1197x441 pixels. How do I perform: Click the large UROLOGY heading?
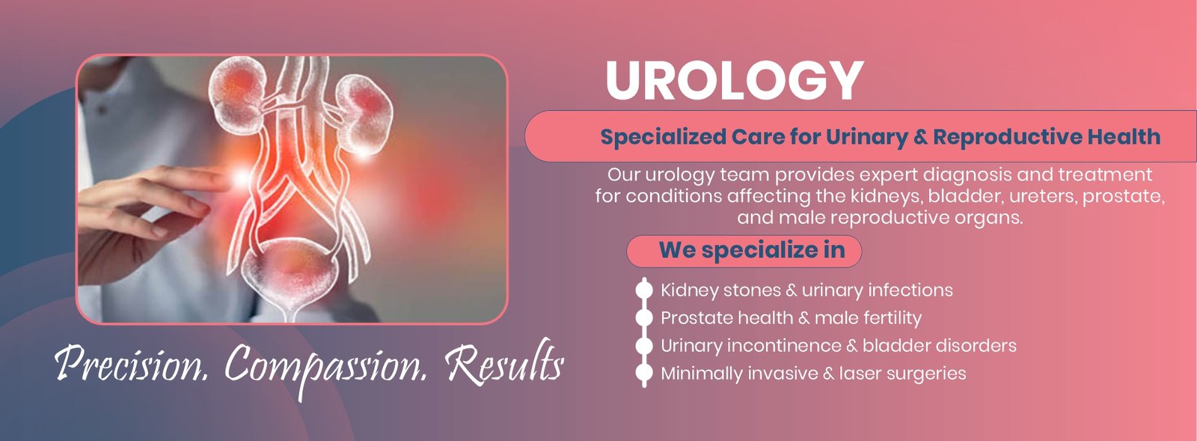pos(734,81)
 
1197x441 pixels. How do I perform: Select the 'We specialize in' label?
pos(752,250)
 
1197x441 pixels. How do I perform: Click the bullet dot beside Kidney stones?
pos(644,290)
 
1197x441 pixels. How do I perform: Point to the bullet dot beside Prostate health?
pos(644,317)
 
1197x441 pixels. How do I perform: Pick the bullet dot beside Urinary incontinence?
pos(644,345)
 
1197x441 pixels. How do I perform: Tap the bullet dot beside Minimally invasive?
pos(644,373)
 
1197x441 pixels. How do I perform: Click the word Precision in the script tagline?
pos(131,363)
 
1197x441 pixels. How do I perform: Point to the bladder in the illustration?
pos(291,272)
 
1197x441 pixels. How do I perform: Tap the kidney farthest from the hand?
pos(364,115)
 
